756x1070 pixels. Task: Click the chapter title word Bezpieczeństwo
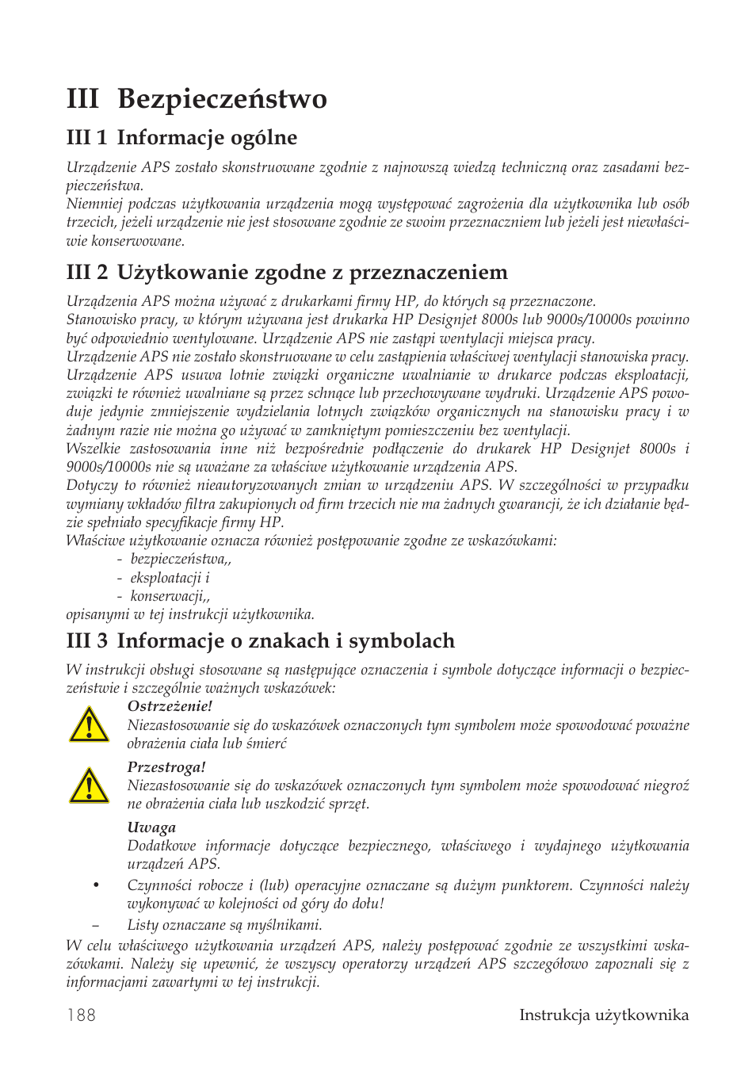[222, 99]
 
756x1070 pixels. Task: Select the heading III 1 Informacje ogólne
[181, 138]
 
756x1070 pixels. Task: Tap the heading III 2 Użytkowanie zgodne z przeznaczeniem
[287, 273]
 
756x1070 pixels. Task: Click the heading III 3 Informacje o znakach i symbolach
[261, 640]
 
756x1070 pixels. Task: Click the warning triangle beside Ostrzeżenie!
[89, 725]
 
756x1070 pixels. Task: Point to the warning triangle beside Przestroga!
[89, 786]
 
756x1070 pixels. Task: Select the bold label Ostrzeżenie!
[170, 706]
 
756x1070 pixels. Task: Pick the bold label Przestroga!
[166, 767]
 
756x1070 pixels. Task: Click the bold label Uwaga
[151, 827]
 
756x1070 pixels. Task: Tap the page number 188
[82, 1015]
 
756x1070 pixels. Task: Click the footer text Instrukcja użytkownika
[603, 1015]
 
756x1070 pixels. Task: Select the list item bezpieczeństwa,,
[181, 560]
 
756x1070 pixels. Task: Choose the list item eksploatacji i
[170, 578]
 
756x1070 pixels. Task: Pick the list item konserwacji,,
[170, 596]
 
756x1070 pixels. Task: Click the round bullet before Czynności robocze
[96, 885]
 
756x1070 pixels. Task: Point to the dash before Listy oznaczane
[96, 925]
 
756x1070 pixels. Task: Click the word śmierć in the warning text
[266, 743]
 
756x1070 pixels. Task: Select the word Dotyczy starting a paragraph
[90, 485]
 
